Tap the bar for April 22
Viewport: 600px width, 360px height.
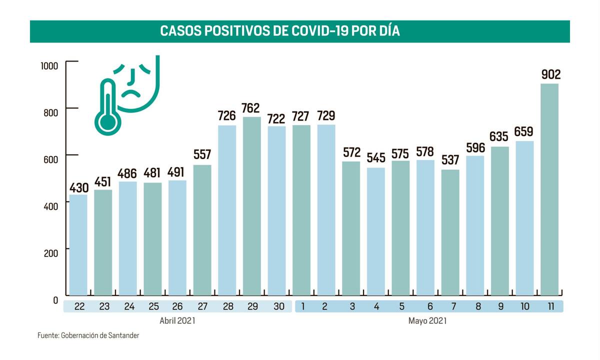click(x=78, y=245)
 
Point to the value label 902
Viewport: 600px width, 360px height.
click(x=550, y=74)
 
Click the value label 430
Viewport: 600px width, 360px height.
click(x=78, y=188)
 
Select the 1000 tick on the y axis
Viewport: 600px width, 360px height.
click(x=49, y=65)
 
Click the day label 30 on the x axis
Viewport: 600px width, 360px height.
click(x=276, y=306)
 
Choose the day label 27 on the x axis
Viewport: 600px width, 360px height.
click(x=202, y=306)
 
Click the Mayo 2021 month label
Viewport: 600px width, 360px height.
click(x=427, y=320)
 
